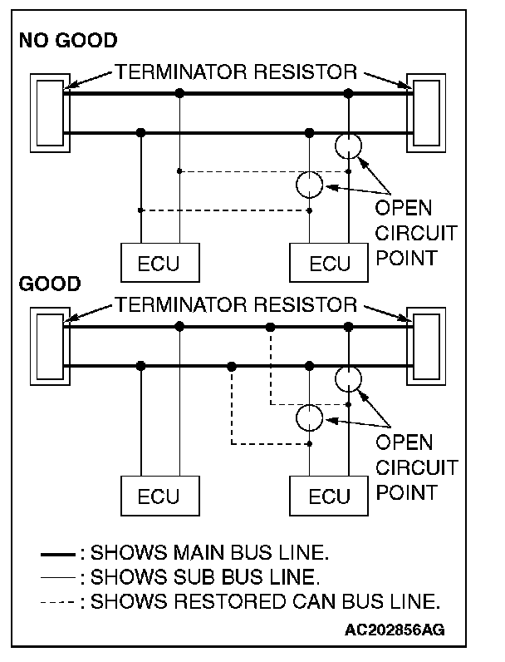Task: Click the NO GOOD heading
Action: click(x=67, y=39)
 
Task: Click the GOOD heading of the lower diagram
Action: click(x=49, y=284)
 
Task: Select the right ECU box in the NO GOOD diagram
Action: click(x=330, y=264)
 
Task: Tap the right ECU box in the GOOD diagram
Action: click(x=330, y=496)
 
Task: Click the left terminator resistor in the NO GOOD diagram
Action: click(x=47, y=113)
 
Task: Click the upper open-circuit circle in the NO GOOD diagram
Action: click(x=349, y=146)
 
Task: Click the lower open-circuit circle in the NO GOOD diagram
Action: click(x=310, y=184)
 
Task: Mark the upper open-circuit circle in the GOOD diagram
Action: click(x=349, y=379)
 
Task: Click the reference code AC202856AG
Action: click(x=395, y=629)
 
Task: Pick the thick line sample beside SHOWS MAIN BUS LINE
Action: click(x=59, y=552)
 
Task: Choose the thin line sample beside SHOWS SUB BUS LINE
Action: click(x=59, y=576)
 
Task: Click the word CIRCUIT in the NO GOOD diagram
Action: click(x=416, y=233)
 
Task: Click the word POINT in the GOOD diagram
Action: click(x=406, y=492)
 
